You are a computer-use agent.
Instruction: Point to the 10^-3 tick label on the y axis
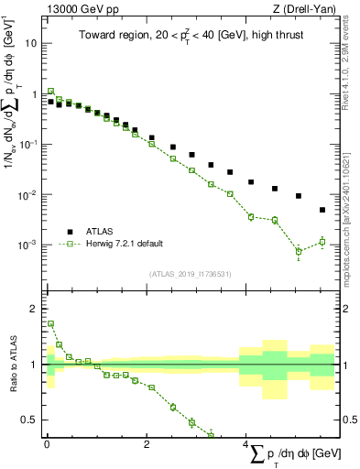[x=28, y=245]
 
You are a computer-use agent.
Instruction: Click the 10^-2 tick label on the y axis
[x=28, y=195]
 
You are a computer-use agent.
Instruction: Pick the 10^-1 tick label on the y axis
[x=28, y=145]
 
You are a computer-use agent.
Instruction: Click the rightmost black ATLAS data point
[x=322, y=210]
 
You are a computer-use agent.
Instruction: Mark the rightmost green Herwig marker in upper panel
[x=322, y=242]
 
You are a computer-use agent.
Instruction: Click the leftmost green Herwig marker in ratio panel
[x=50, y=323]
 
